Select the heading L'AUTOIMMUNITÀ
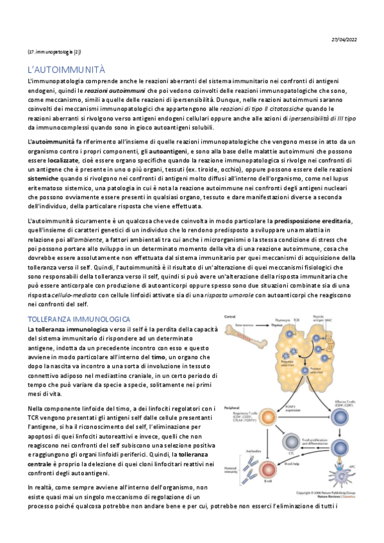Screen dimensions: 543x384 [x=71, y=69]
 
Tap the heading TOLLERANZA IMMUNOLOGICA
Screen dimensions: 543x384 [x=79, y=318]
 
